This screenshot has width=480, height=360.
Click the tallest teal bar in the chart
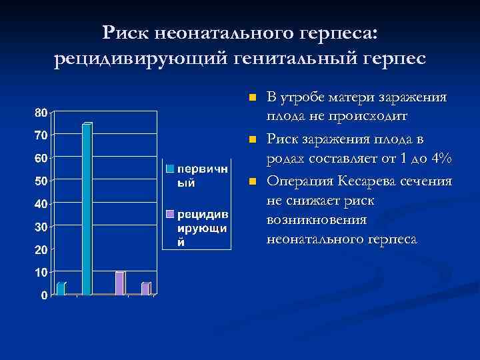click(x=87, y=209)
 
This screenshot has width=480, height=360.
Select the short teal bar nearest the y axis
click(x=61, y=288)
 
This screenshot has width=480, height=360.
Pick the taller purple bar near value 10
click(x=119, y=283)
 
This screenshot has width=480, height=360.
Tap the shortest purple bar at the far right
click(x=145, y=288)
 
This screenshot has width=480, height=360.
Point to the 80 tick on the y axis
click(x=41, y=113)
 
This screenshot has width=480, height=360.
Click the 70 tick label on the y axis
click(x=41, y=135)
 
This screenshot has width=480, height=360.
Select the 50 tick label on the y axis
click(x=41, y=181)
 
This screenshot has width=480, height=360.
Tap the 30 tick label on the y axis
click(x=41, y=227)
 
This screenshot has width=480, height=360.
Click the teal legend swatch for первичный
click(x=171, y=167)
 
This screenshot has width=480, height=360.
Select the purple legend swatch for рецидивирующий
click(x=171, y=213)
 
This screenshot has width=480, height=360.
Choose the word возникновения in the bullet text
click(x=309, y=219)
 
